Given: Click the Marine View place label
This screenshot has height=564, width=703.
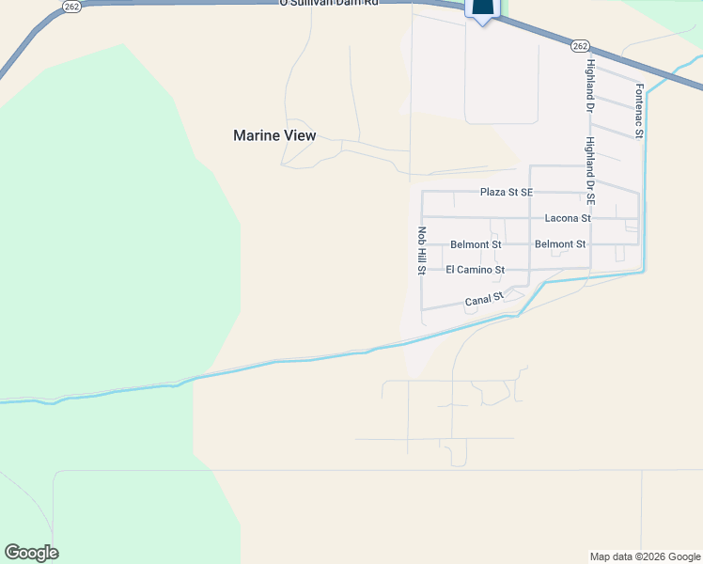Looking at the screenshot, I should coord(274,135).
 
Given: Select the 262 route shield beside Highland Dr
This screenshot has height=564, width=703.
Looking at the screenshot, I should coord(580,46).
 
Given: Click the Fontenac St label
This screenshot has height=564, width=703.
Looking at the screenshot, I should coord(639,112).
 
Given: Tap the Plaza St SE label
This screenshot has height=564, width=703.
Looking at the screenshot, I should coord(506,192).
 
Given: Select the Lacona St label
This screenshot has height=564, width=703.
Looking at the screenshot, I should coord(568,218).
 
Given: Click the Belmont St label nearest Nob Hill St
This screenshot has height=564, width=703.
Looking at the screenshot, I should coord(476,244).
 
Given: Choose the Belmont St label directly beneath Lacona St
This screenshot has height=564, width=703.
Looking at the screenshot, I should coord(560,244).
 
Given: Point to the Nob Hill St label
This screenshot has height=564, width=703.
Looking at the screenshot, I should coord(422,251).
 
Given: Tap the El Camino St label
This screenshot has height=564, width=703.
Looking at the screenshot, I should coord(475,270).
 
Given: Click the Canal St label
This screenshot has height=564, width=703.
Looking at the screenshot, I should coord(485,301).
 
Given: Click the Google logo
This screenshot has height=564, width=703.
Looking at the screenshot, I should coord(31,553).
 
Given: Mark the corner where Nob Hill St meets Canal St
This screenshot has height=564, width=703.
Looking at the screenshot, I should coord(422,309).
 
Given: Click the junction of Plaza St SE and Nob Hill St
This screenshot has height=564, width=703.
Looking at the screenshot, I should coord(422,192).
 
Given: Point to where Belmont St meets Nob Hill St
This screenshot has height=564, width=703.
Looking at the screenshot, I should coord(422,244).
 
